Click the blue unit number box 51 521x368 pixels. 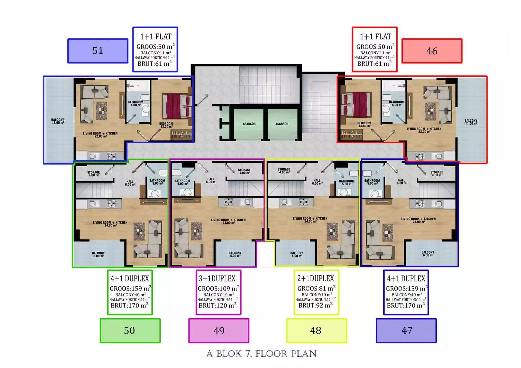click(98, 51)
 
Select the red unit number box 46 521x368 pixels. click(432, 51)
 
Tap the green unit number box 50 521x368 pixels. click(130, 331)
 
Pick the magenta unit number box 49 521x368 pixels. click(218, 331)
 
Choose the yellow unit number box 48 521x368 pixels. click(317, 331)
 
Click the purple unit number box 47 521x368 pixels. click(406, 331)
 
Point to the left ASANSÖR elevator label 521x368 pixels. click(249, 124)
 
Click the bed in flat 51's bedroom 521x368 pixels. click(177, 106)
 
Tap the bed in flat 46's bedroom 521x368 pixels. click(356, 105)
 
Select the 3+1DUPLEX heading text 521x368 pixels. click(217, 279)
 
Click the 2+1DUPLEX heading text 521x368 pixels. click(316, 279)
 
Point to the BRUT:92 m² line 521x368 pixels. click(316, 305)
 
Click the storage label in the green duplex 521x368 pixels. click(93, 174)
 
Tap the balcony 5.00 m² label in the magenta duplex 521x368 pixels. click(235, 254)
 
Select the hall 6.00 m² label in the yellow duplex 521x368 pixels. click(317, 182)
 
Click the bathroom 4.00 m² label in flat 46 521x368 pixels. click(397, 103)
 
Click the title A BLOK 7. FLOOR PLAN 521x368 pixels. click(261, 354)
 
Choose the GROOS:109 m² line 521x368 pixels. click(218, 289)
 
